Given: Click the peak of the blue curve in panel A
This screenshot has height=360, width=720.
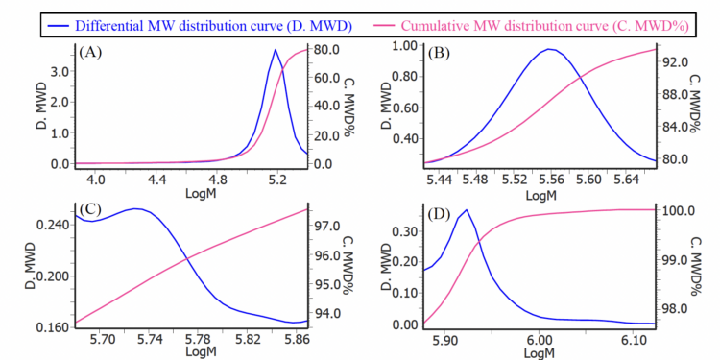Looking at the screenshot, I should tap(276, 50).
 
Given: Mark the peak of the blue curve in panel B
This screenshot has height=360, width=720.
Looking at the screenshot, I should tap(549, 49).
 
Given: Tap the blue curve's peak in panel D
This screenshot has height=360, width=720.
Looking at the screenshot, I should tap(467, 210).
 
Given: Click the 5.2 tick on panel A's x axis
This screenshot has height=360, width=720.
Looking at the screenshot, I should tap(276, 179).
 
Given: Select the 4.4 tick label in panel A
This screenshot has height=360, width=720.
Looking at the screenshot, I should tap(157, 179).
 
